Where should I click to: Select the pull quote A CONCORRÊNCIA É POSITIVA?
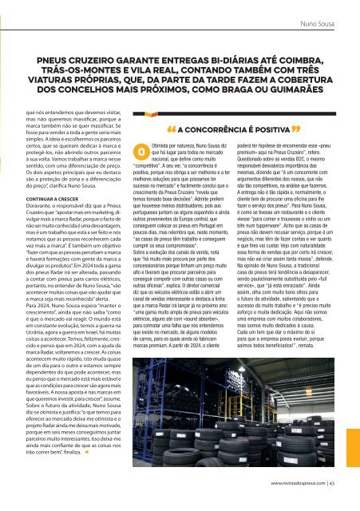pyautogui.click(x=211, y=129)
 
